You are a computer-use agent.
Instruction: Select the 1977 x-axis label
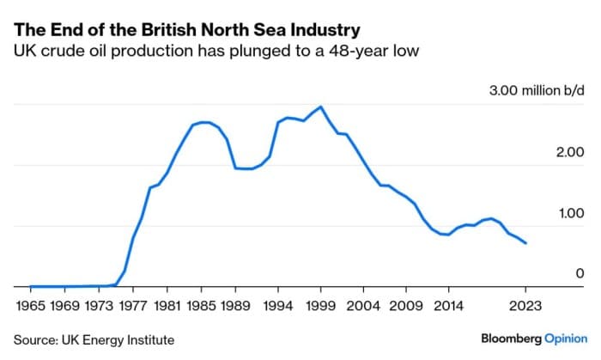pos(132,305)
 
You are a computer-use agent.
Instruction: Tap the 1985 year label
pos(201,305)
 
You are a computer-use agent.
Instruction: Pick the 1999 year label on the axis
pos(321,305)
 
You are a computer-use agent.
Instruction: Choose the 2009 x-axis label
pos(407,305)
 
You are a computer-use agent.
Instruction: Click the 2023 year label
pos(525,305)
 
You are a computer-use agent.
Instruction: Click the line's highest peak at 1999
pos(320,107)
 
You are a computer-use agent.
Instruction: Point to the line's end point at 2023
pos(526,243)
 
